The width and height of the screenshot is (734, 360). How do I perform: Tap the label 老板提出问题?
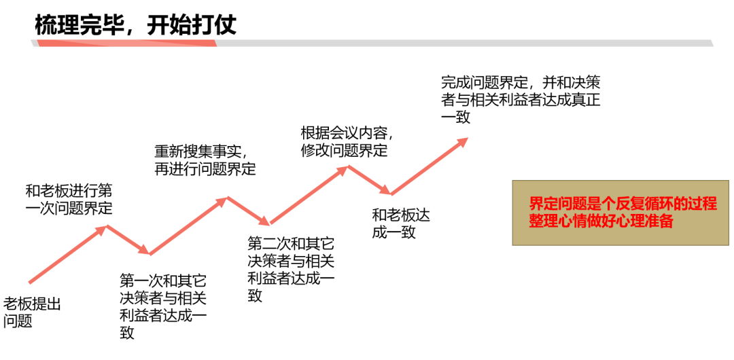32,312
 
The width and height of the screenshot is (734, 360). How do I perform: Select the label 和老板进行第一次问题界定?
69,198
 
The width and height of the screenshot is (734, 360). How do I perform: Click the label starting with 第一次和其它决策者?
163,306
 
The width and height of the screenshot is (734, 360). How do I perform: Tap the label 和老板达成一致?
401,223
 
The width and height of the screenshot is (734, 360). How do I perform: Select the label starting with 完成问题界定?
520,99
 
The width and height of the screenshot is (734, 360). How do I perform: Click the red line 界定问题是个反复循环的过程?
623,203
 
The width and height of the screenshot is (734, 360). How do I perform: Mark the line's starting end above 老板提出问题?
30,281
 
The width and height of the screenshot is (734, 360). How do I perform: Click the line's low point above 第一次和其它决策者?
149,254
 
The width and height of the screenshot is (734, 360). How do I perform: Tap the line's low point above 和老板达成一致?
389,194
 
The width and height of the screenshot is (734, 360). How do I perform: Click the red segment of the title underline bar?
126,43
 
